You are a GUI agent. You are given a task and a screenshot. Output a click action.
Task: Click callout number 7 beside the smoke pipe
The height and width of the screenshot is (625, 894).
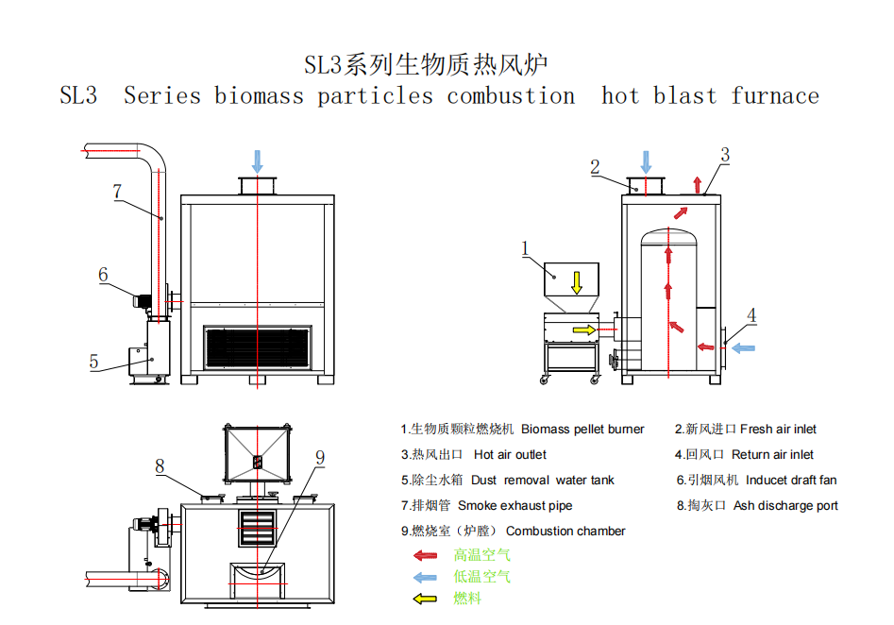coord(117,191)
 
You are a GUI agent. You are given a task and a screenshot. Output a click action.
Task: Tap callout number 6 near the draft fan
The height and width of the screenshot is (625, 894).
coord(103,275)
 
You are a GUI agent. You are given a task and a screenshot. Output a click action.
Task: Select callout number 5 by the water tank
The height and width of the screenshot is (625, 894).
coord(94,362)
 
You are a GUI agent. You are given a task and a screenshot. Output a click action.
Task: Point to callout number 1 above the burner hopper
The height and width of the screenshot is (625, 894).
coord(525,248)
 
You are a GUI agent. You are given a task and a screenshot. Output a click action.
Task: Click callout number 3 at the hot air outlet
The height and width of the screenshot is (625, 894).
coord(725,155)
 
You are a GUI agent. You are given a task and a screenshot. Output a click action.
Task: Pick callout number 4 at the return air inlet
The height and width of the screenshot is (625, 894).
coord(751,314)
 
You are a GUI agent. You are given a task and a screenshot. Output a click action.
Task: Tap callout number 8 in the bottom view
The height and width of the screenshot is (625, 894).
coord(160,465)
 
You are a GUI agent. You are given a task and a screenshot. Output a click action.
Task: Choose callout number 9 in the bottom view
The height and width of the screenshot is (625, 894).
coord(320,457)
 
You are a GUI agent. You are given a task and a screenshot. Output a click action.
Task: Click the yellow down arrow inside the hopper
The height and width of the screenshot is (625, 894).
coord(577,283)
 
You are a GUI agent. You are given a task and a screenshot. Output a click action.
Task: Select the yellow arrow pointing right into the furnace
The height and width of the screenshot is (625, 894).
coord(584,329)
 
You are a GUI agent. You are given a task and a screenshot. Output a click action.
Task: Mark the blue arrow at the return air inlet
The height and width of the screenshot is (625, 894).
coord(743,347)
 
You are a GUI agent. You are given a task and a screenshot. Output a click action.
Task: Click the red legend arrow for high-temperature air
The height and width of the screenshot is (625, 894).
coord(426,555)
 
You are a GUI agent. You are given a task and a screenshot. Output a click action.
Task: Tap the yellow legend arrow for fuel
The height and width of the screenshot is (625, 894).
coord(426,599)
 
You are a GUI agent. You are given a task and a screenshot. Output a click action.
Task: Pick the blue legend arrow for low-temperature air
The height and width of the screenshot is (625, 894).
coord(426,577)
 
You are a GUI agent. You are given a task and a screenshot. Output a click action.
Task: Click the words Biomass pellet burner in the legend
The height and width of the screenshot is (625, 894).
coord(582,429)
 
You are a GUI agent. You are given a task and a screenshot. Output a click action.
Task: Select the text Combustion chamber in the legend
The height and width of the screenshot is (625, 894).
coord(565,531)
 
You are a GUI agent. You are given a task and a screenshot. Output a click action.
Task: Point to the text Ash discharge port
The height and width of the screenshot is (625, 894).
coord(785,505)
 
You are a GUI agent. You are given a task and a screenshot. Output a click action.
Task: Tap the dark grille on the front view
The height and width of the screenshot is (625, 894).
coord(258,347)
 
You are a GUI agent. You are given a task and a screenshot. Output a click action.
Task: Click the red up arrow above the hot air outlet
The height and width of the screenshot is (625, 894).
coord(697,185)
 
